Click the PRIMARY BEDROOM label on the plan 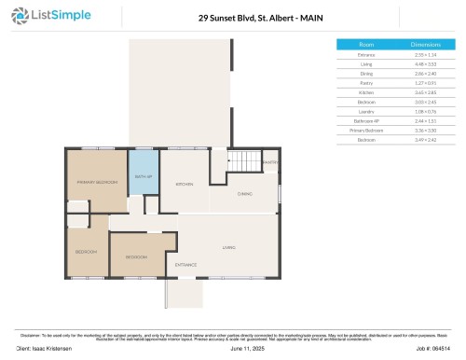[97, 182]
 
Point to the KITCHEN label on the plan [185, 184]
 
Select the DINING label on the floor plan [244, 193]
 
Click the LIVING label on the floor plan [228, 247]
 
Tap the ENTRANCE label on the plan [186, 265]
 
